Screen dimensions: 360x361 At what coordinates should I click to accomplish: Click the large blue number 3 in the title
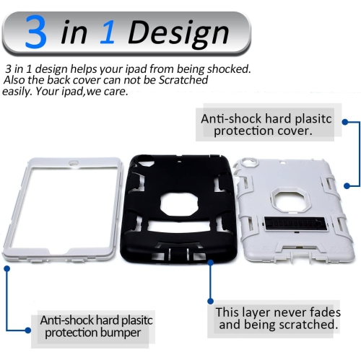pos(35,32)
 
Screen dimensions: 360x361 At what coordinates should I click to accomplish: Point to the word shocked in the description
pos(229,69)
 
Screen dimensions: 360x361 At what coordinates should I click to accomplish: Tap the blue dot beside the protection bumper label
pos(6,268)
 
